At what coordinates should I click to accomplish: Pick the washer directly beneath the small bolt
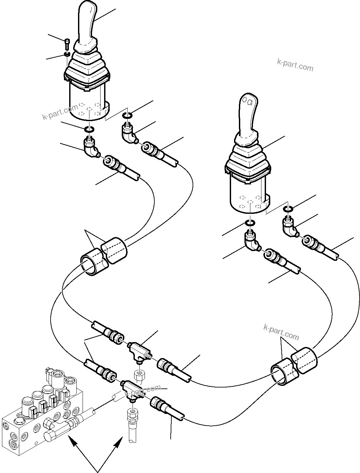click(x=67, y=54)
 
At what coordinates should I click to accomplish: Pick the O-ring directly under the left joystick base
click(x=89, y=130)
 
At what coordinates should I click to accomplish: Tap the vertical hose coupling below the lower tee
click(x=132, y=415)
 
